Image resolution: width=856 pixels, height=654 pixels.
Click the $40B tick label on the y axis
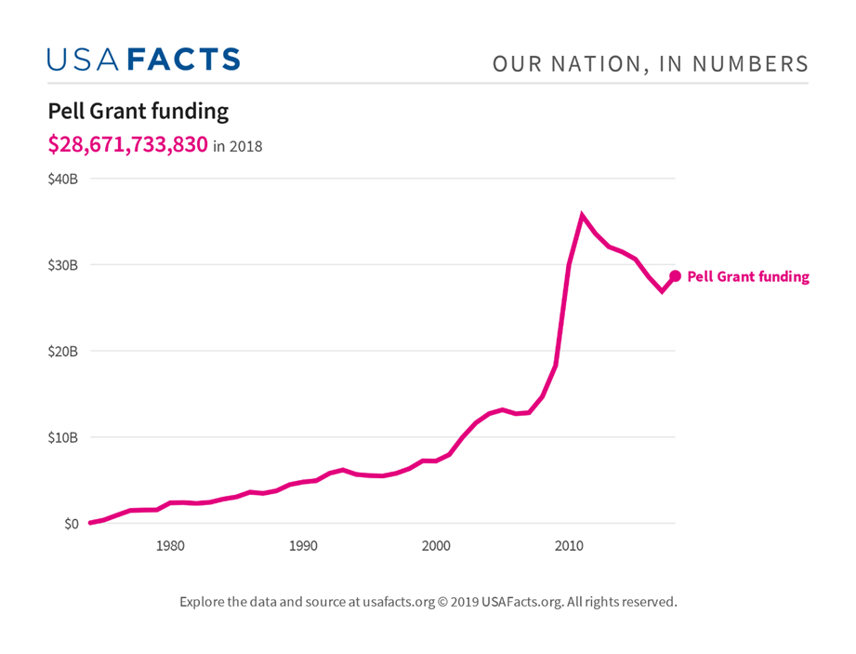pos(62,179)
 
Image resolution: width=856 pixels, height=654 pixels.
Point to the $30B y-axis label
pos(62,265)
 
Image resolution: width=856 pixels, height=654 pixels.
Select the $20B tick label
pos(62,352)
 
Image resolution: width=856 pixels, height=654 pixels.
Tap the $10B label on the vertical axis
pos(62,437)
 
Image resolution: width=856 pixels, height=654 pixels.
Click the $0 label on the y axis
pos(70,524)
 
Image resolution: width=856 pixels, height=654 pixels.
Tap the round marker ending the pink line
pos(676,276)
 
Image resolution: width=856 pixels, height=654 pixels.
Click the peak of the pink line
pos(582,216)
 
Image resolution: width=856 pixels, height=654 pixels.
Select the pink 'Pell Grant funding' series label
pos(748,277)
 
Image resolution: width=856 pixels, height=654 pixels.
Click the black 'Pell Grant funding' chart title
pos(138,112)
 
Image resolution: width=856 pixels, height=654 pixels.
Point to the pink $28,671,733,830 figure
pos(128,145)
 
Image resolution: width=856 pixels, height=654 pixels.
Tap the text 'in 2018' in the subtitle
pos(238,147)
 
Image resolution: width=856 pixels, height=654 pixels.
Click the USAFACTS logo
pos(144,60)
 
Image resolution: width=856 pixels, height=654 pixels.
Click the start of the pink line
pos(90,523)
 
